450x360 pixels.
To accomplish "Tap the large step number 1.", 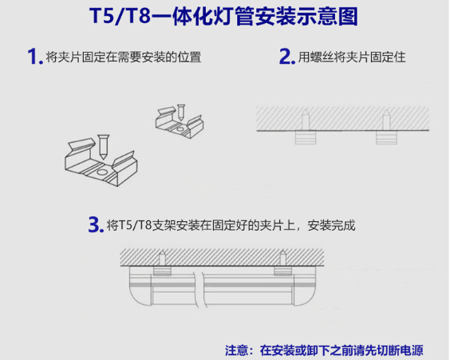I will [x=34, y=57].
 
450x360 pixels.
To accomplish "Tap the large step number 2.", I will [x=286, y=57].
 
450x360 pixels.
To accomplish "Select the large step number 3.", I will [x=97, y=224].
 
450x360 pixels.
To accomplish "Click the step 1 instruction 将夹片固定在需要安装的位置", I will [x=123, y=57].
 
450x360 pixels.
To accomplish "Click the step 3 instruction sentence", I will [x=231, y=225].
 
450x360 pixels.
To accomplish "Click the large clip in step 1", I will [x=100, y=164].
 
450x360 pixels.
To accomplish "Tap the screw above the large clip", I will [x=101, y=143].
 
